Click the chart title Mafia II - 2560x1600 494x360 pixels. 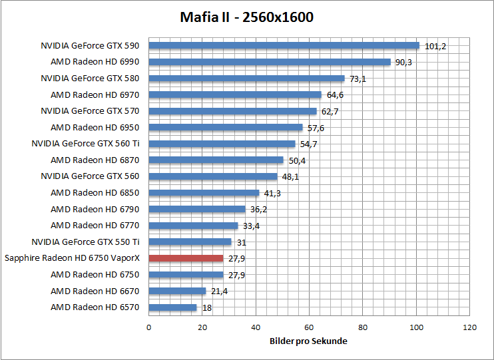pos(246,17)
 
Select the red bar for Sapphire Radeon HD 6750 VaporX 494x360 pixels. pos(186,258)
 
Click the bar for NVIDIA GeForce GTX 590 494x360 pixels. pos(284,46)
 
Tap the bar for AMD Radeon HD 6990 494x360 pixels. pos(269,62)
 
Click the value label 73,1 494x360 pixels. pos(358,79)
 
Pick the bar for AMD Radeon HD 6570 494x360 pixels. pos(172,307)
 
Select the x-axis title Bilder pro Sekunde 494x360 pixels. pos(308,341)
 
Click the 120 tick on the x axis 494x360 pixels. pos(470,327)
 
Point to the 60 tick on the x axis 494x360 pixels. pos(309,327)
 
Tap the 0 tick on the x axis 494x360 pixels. pos(148,327)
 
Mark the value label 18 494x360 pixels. pos(206,308)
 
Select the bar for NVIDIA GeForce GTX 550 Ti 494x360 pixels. pos(190,242)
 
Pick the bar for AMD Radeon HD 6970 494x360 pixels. pos(235,94)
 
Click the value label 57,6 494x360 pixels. pos(316,128)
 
